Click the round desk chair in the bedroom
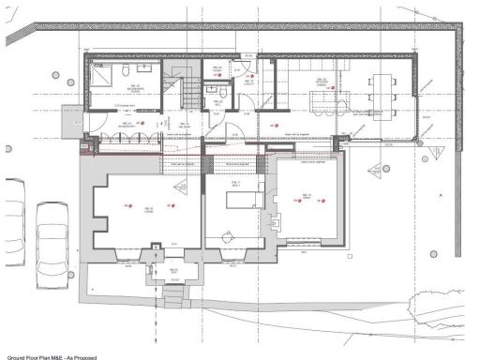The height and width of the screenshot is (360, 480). pyautogui.click(x=226, y=232)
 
